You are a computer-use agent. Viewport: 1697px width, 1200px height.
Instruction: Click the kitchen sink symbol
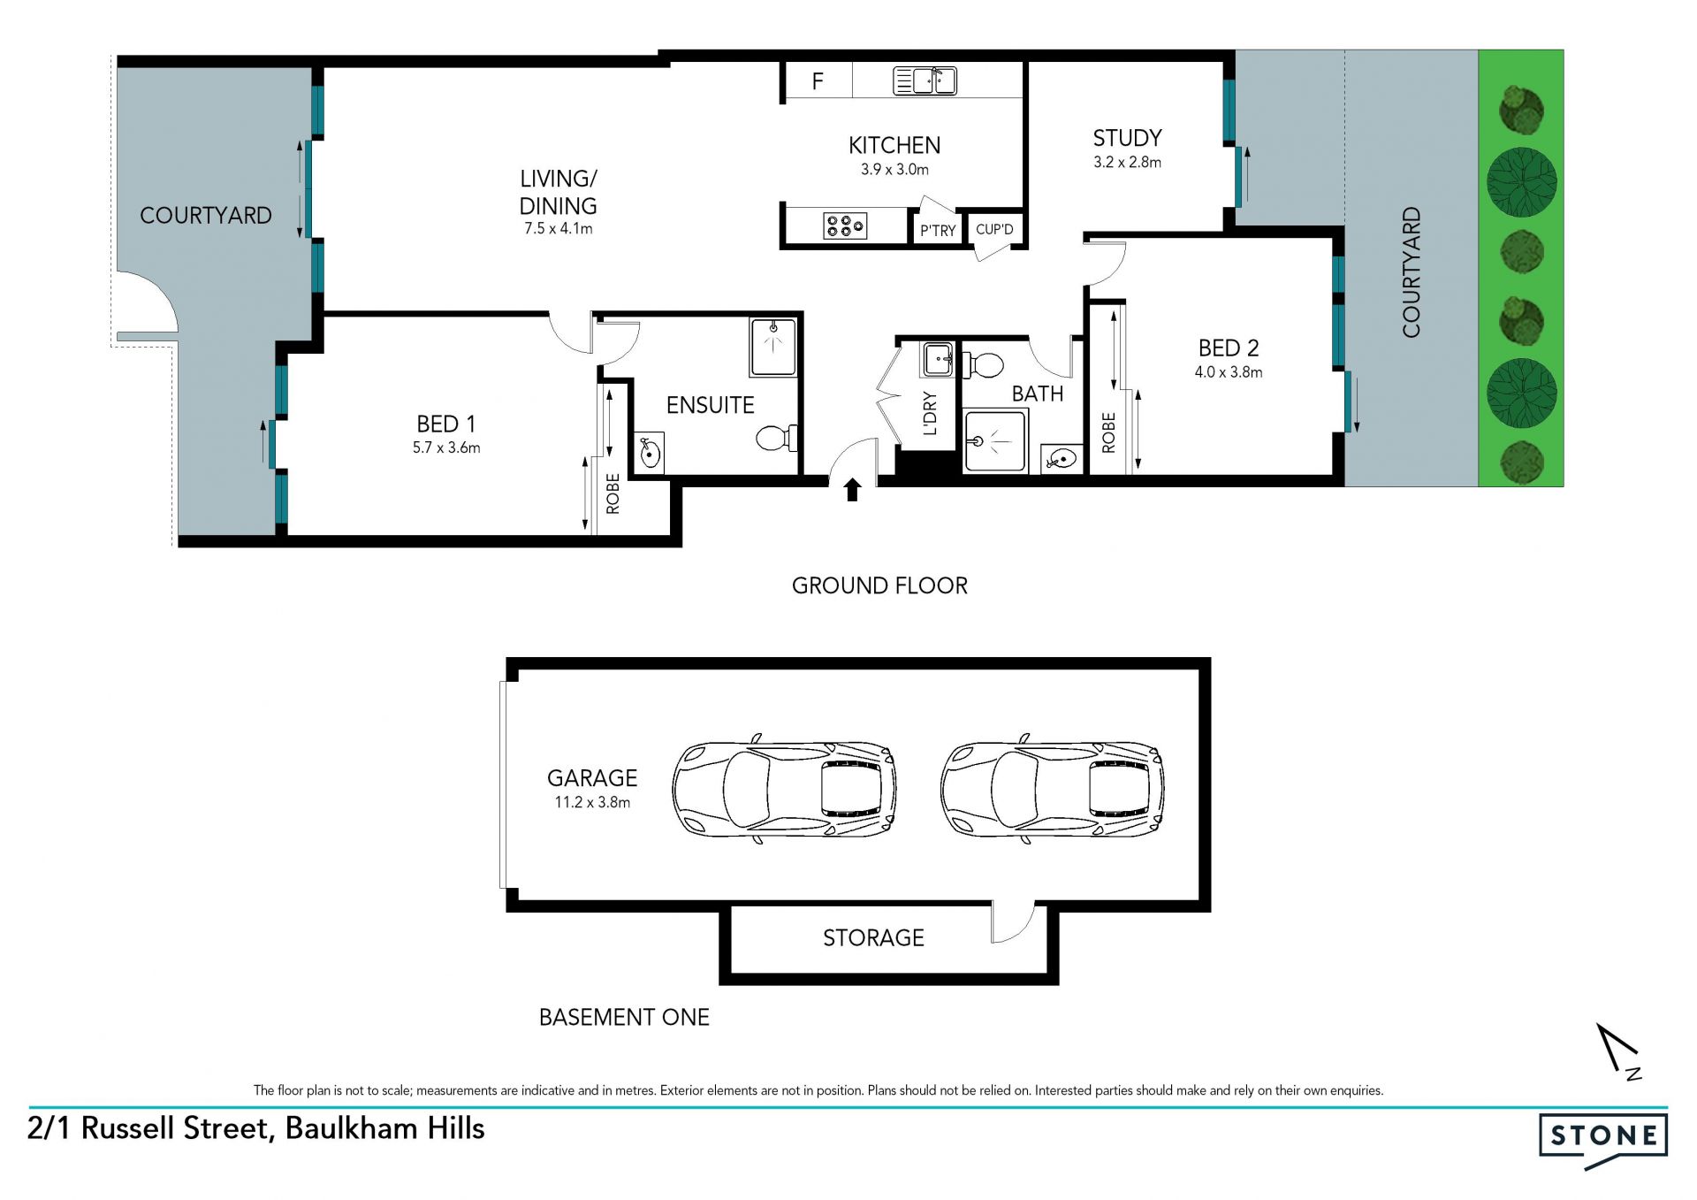pyautogui.click(x=925, y=80)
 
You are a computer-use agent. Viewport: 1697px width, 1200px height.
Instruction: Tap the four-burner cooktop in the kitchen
pyautogui.click(x=845, y=226)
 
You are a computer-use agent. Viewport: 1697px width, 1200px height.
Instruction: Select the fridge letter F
pyautogui.click(x=818, y=81)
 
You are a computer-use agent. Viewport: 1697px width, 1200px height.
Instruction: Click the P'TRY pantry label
pyautogui.click(x=938, y=231)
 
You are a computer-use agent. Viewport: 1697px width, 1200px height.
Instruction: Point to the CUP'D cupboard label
pyautogui.click(x=994, y=229)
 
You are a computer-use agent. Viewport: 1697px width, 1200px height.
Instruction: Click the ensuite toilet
pyautogui.click(x=777, y=438)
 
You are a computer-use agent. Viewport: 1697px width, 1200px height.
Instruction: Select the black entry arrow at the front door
pyautogui.click(x=852, y=490)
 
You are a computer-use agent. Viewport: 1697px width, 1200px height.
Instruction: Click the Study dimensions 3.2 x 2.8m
pyautogui.click(x=1127, y=162)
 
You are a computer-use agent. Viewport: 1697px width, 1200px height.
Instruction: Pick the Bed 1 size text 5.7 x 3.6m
pyautogui.click(x=446, y=447)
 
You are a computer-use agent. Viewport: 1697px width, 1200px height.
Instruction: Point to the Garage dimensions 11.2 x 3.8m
pyautogui.click(x=592, y=802)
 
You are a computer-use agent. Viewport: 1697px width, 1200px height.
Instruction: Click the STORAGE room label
pyautogui.click(x=873, y=937)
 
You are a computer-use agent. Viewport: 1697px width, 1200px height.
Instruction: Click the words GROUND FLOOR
pyautogui.click(x=879, y=585)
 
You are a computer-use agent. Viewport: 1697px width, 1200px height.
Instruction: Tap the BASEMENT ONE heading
pyautogui.click(x=624, y=1017)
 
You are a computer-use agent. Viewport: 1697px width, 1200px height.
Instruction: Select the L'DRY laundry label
pyautogui.click(x=930, y=413)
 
